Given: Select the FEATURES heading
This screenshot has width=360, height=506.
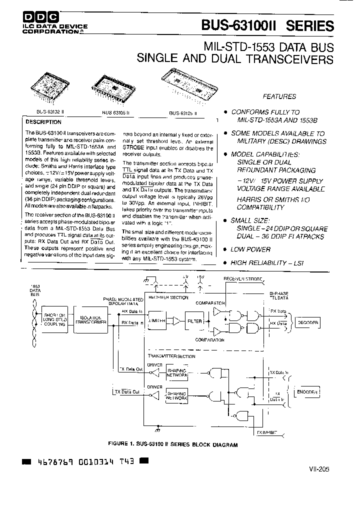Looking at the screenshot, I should pyautogui.click(x=279, y=96).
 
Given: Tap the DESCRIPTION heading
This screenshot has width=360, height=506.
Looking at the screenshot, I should pyautogui.click(x=43, y=122).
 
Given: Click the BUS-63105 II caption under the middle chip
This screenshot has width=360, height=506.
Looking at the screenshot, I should pyautogui.click(x=116, y=113).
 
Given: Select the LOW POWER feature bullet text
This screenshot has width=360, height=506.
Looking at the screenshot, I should pyautogui.click(x=250, y=249).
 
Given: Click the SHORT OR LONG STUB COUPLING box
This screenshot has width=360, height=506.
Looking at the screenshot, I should pyautogui.click(x=54, y=320).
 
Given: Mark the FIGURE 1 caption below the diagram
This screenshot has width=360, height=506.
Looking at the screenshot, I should pyautogui.click(x=172, y=444).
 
